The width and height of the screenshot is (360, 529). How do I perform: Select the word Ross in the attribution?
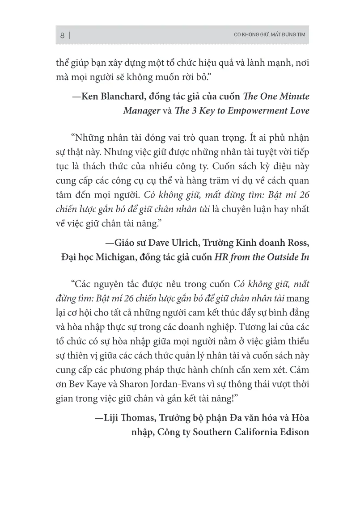pos(297,244)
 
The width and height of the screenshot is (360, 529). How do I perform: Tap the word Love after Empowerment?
pos(298,110)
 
